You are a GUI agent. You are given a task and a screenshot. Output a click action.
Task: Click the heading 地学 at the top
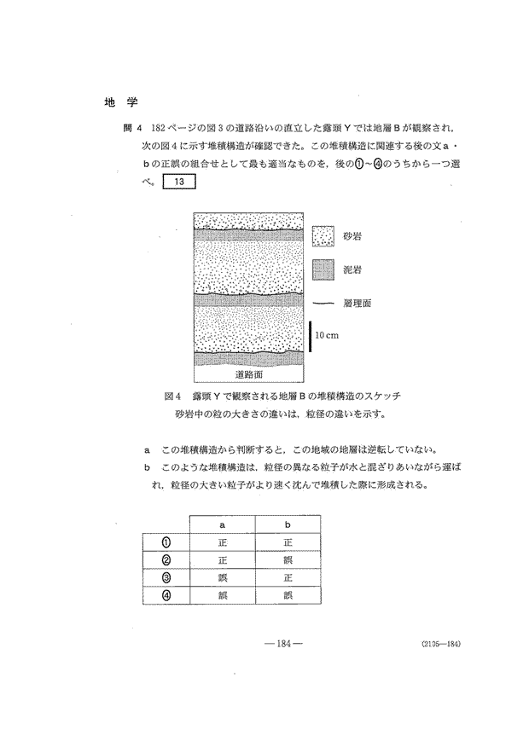click(x=115, y=102)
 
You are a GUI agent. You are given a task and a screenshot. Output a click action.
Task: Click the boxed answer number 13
click(x=179, y=181)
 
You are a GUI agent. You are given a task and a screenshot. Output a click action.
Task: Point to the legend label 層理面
click(x=362, y=303)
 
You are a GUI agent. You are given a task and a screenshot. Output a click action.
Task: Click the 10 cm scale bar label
click(x=327, y=335)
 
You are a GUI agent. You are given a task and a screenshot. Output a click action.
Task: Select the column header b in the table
click(x=288, y=525)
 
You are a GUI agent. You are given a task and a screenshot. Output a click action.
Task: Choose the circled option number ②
click(x=167, y=560)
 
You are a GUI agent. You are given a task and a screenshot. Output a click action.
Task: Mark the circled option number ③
click(x=167, y=578)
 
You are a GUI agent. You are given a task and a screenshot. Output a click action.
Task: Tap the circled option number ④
click(x=167, y=595)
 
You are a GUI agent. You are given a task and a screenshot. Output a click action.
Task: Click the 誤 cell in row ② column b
click(x=288, y=560)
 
